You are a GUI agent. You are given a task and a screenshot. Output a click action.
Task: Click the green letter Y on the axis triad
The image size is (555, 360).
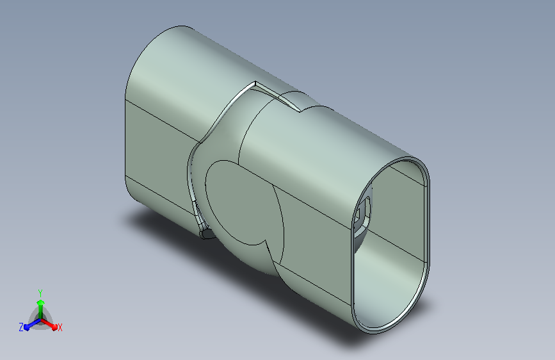pyautogui.click(x=40, y=293)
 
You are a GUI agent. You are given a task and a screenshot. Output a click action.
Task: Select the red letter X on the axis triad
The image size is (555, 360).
pyautogui.click(x=60, y=327)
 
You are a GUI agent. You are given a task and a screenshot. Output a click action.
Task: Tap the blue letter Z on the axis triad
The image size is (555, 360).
pyautogui.click(x=21, y=327)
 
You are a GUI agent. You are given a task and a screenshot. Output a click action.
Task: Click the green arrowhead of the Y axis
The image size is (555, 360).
pyautogui.click(x=41, y=302)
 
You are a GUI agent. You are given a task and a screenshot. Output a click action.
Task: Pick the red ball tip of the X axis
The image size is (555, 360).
pyautogui.click(x=54, y=327)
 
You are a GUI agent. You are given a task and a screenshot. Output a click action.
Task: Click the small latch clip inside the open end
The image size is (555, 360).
pyautogui.click(x=363, y=215)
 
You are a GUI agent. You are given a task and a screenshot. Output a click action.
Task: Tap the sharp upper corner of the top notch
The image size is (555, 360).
pyautogui.click(x=255, y=82)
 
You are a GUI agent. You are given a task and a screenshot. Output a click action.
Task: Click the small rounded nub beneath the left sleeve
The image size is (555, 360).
pyautogui.click(x=207, y=234)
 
